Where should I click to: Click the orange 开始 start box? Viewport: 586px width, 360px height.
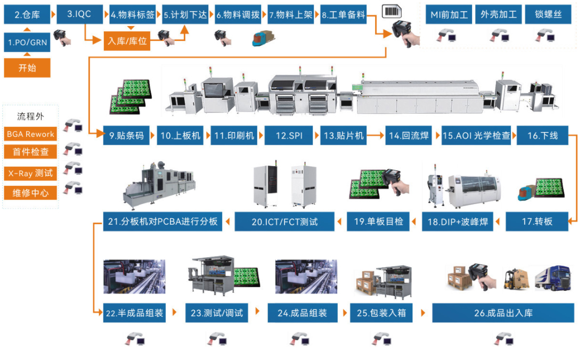27,68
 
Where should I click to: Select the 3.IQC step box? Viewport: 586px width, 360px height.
79,14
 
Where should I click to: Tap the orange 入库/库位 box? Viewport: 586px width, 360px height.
127,41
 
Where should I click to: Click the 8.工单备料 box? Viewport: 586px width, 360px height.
344,15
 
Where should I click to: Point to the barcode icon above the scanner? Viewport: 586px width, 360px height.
392,12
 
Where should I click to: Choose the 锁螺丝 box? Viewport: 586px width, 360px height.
548,15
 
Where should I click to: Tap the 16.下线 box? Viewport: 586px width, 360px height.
542,136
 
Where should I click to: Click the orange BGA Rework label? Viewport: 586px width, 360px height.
31,134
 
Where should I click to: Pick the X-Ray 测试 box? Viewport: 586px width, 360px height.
31,173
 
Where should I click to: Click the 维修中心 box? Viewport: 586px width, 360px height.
31,193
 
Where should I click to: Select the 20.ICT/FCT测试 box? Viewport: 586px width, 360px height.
284,222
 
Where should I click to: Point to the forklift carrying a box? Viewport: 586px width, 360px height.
517,279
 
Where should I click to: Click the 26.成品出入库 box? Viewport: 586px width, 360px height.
503,313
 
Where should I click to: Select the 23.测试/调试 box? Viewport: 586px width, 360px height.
217,313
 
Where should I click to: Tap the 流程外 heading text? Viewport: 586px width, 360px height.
30,117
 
